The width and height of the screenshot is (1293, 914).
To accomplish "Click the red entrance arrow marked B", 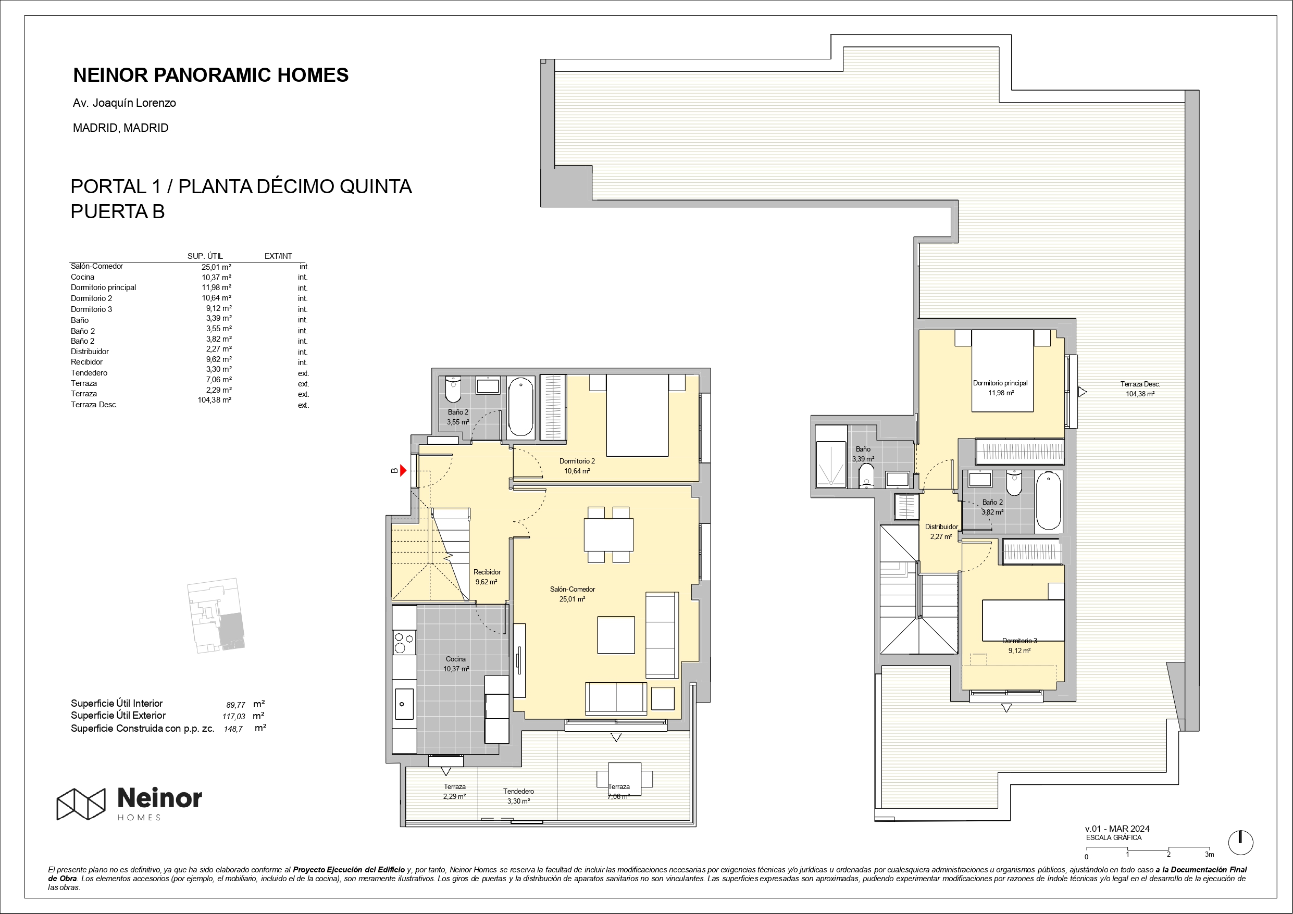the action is point(403,470).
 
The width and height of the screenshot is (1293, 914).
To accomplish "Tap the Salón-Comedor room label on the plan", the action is point(572,589).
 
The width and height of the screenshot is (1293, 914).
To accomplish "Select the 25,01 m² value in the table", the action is point(216,267).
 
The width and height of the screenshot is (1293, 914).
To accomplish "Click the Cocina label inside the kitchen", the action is point(456,659).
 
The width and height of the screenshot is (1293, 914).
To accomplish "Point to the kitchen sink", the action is point(404,704).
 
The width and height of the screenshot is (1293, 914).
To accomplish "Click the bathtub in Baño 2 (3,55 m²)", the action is point(521,407).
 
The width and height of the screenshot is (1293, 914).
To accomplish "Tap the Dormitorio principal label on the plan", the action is point(1000,383).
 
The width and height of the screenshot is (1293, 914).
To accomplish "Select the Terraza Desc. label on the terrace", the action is point(1140,384).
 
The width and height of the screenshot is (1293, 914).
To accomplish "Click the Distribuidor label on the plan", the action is point(941,527).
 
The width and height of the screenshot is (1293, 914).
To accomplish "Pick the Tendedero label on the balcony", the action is point(518,791).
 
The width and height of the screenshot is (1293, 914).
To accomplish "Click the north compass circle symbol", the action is point(1240,843).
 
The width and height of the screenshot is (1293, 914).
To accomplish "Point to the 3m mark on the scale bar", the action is point(1209,854).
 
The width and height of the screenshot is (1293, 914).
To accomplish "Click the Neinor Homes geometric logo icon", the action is point(81,804).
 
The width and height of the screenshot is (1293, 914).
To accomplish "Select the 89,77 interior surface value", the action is point(235,705).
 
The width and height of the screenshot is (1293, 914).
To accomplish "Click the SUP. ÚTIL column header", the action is point(205,256).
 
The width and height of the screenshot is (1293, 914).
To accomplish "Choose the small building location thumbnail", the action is point(216,616).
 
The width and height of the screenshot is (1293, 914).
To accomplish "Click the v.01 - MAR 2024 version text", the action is point(1117,829).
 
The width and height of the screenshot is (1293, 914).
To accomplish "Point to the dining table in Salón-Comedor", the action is point(608,534).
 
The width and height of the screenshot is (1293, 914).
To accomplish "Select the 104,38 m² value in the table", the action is point(214,400).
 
